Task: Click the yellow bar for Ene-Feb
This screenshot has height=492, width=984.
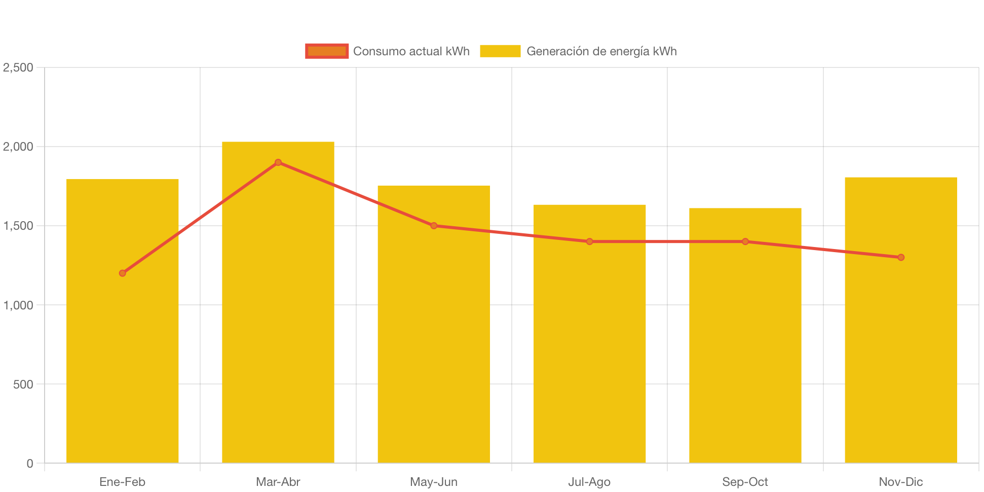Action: coord(123,355)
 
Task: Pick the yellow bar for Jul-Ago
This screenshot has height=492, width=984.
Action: coord(589,355)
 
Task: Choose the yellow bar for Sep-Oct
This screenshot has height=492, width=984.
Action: coord(745,355)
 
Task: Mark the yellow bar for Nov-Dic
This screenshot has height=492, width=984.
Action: coord(900,355)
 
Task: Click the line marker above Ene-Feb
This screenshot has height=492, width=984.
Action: coord(123,273)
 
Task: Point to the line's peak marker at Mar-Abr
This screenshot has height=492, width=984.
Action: coord(278,162)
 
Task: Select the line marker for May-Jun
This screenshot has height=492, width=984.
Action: coord(434,226)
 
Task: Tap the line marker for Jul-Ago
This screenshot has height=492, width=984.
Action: coord(589,241)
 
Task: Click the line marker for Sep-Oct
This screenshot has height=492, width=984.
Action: coord(745,241)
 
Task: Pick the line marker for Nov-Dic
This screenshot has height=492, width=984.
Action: coord(900,257)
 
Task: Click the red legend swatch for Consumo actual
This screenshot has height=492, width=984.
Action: coord(327,51)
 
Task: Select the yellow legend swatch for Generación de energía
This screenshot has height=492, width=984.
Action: coord(500,51)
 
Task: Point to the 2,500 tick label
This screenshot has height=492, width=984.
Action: coord(18,67)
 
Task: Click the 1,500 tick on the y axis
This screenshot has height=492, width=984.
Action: coord(18,226)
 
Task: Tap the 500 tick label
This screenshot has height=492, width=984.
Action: coord(23,384)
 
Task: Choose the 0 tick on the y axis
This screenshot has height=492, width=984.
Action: coord(30,464)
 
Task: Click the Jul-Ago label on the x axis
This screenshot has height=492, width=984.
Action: coord(589,482)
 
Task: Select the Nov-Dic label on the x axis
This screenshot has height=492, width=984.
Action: coord(900,482)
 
